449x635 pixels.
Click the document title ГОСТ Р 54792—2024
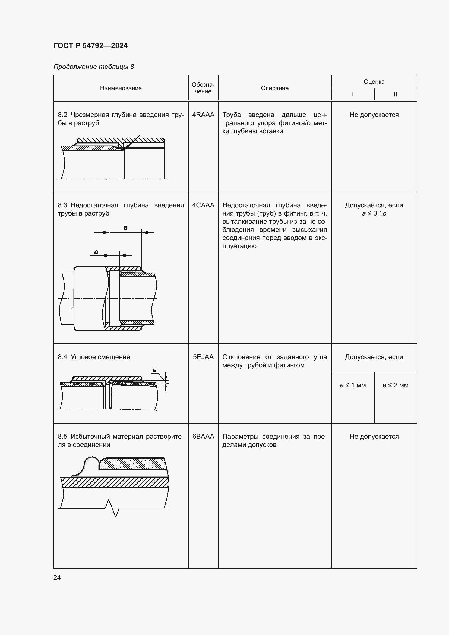click(90, 46)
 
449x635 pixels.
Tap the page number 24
click(57, 577)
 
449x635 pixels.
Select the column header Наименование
click(121, 88)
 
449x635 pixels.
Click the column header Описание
click(274, 88)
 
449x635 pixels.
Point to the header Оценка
click(374, 82)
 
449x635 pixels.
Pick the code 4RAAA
click(203, 115)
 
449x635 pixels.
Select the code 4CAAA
click(203, 205)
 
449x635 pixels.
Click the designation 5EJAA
click(203, 357)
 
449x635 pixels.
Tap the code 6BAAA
click(203, 437)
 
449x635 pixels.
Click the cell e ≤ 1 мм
click(353, 385)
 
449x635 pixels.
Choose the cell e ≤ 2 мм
click(395, 385)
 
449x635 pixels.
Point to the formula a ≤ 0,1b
click(374, 213)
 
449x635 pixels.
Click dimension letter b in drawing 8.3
click(125, 228)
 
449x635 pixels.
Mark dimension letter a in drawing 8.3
click(96, 252)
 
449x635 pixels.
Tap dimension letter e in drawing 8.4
click(154, 370)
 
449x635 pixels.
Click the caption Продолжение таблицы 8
click(93, 67)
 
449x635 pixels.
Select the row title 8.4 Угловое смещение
click(94, 357)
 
